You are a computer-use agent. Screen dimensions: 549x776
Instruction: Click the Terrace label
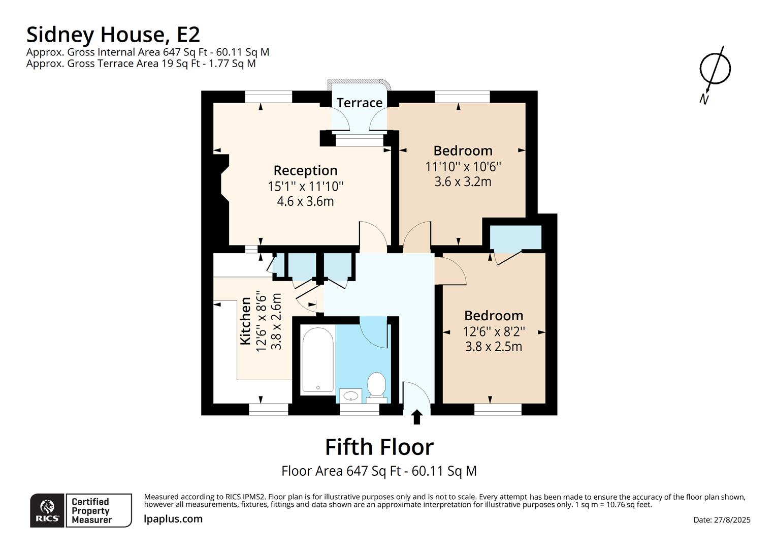tap(359, 103)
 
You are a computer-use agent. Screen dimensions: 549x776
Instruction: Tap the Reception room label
tap(305, 170)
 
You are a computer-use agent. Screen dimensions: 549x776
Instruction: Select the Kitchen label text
tap(246, 321)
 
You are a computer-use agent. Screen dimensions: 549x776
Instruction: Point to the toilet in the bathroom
tap(376, 386)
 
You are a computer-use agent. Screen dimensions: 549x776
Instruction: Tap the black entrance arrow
tap(417, 417)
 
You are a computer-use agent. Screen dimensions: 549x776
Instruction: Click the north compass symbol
tap(715, 69)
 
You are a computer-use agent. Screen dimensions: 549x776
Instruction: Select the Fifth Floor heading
tap(379, 447)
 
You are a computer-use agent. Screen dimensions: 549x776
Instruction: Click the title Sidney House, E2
tap(113, 35)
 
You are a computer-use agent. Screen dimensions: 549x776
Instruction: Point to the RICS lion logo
tap(47, 510)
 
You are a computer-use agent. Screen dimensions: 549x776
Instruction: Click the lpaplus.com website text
tap(173, 519)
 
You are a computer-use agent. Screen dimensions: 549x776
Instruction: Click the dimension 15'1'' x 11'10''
tap(305, 187)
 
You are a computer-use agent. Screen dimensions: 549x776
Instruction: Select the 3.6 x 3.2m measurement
tap(463, 181)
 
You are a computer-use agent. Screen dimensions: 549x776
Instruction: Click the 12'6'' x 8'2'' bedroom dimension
tap(494, 331)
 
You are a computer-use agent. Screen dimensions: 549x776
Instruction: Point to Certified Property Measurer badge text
tap(90, 510)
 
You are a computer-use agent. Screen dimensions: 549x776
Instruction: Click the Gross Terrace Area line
tap(141, 64)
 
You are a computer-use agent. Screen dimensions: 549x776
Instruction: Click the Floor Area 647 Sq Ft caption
tap(379, 471)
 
